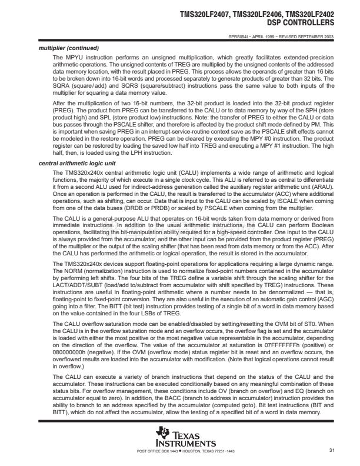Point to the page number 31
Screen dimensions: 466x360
[332, 451]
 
